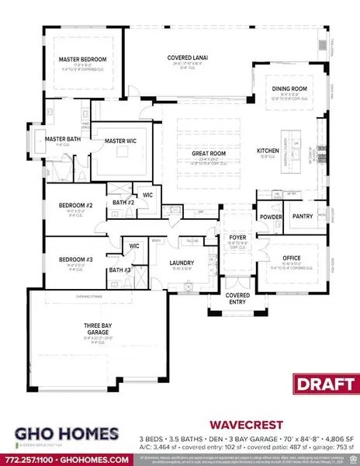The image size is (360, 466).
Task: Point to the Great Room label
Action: coord(209,154)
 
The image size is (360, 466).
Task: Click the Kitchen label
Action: coord(268,150)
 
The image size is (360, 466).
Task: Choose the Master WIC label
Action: coord(120,140)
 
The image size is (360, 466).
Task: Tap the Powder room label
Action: coord(270,217)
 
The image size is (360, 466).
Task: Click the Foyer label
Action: coord(235,238)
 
